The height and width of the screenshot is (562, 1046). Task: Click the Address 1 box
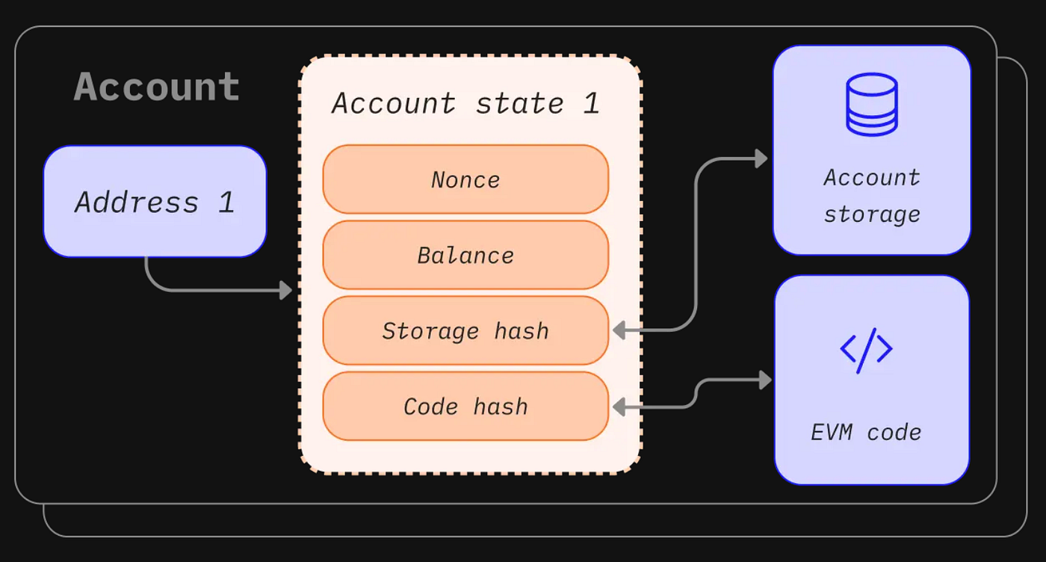point(155,202)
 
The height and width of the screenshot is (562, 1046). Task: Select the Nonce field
point(465,179)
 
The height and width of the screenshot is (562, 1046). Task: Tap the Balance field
point(465,255)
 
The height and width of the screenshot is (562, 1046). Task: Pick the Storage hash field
point(465,330)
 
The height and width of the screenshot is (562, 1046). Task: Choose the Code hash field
point(465,406)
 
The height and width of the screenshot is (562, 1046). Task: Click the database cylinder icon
point(871,104)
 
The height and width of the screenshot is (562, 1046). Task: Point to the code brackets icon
point(866,349)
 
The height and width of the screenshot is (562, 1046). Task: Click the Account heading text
point(157,87)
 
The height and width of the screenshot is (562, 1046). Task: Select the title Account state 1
point(465,103)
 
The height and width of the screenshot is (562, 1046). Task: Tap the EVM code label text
point(866,432)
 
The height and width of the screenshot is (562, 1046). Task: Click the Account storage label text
point(871,196)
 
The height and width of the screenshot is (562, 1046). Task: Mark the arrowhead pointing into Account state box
point(285,290)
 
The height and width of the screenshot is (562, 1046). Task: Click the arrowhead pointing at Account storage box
point(761,158)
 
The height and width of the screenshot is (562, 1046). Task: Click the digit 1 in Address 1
point(226,202)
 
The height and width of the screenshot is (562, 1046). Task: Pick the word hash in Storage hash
point(522,330)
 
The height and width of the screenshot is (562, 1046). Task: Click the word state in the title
point(520,103)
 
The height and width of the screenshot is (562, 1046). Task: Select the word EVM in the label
point(831,432)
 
